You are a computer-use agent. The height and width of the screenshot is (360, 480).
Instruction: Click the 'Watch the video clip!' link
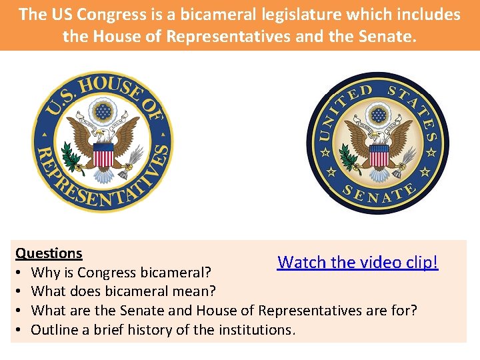tap(358, 262)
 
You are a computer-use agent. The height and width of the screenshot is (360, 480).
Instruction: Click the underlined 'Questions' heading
tap(49, 253)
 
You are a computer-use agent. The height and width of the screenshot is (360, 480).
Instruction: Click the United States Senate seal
tap(378, 144)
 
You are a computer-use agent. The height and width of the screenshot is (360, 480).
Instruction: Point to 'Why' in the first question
tap(45, 273)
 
